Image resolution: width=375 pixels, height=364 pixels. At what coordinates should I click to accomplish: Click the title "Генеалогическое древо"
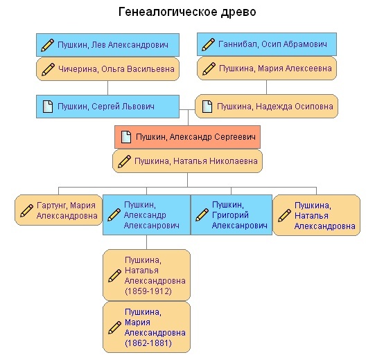pyautogui.click(x=187, y=12)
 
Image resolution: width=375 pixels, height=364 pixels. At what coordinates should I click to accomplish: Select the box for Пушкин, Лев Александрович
pyautogui.click(x=107, y=45)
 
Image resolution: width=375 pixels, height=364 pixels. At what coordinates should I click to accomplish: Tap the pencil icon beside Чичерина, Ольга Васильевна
pyautogui.click(x=48, y=69)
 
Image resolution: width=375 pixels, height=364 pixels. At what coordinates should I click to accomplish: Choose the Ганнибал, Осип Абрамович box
pyautogui.click(x=267, y=44)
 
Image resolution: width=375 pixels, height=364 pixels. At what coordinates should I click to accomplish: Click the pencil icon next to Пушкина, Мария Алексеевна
pyautogui.click(x=209, y=69)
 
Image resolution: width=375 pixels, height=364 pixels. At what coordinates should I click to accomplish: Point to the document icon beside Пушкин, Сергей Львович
pyautogui.click(x=48, y=107)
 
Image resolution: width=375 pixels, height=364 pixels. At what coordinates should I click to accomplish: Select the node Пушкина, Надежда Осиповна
pyautogui.click(x=266, y=106)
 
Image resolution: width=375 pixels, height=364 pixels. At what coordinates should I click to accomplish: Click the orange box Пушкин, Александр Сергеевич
pyautogui.click(x=187, y=137)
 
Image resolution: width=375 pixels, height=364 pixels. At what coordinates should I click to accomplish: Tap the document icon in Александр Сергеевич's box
pyautogui.click(x=126, y=137)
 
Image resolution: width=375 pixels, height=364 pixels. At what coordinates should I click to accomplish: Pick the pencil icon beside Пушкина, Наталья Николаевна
pyautogui.click(x=124, y=161)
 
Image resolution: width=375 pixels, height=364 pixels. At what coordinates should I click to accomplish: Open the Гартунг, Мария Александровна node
pyautogui.click(x=59, y=210)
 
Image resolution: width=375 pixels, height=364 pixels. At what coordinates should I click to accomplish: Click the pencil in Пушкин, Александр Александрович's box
pyautogui.click(x=114, y=215)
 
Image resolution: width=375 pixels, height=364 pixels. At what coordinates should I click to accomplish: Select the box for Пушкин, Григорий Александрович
pyautogui.click(x=232, y=215)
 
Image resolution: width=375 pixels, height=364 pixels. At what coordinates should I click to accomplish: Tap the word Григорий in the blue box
pyautogui.click(x=230, y=215)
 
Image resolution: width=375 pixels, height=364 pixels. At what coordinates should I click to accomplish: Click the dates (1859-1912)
pyautogui.click(x=148, y=291)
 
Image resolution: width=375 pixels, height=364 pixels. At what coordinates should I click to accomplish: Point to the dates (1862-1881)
pyautogui.click(x=148, y=343)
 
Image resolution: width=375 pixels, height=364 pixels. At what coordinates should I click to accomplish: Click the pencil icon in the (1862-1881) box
pyautogui.click(x=114, y=327)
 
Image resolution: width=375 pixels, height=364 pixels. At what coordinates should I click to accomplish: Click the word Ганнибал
pyautogui.click(x=238, y=44)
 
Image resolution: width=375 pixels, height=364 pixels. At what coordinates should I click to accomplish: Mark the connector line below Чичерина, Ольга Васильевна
pyautogui.click(x=107, y=88)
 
